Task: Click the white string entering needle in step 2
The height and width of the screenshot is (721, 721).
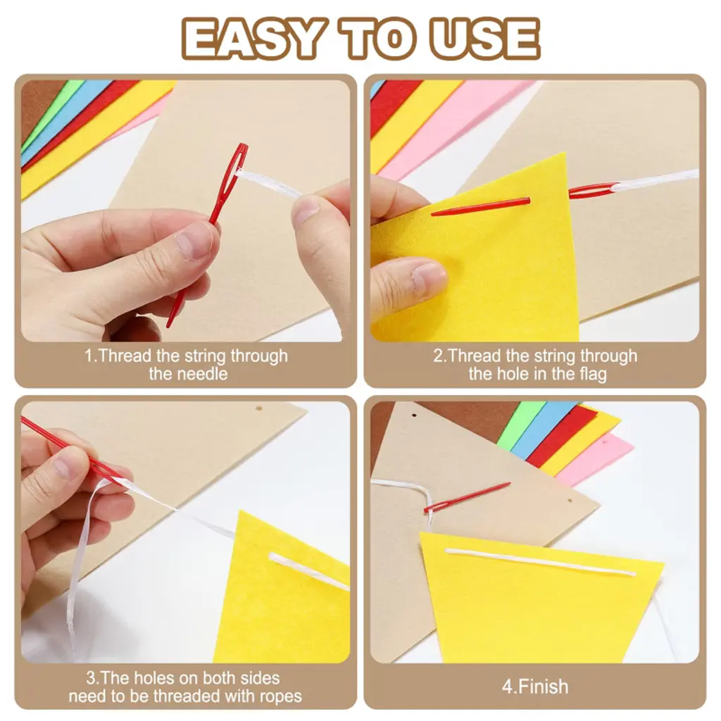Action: pyautogui.click(x=656, y=180)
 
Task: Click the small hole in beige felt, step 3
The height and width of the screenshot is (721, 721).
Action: pyautogui.click(x=259, y=408)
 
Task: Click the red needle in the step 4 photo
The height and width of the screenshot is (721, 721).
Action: pyautogui.click(x=467, y=497)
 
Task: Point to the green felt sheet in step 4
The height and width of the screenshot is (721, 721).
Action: pyautogui.click(x=520, y=424)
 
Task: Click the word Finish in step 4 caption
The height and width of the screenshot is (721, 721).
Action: pyautogui.click(x=544, y=687)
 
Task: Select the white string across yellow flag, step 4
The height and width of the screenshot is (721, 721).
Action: pyautogui.click(x=540, y=561)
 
